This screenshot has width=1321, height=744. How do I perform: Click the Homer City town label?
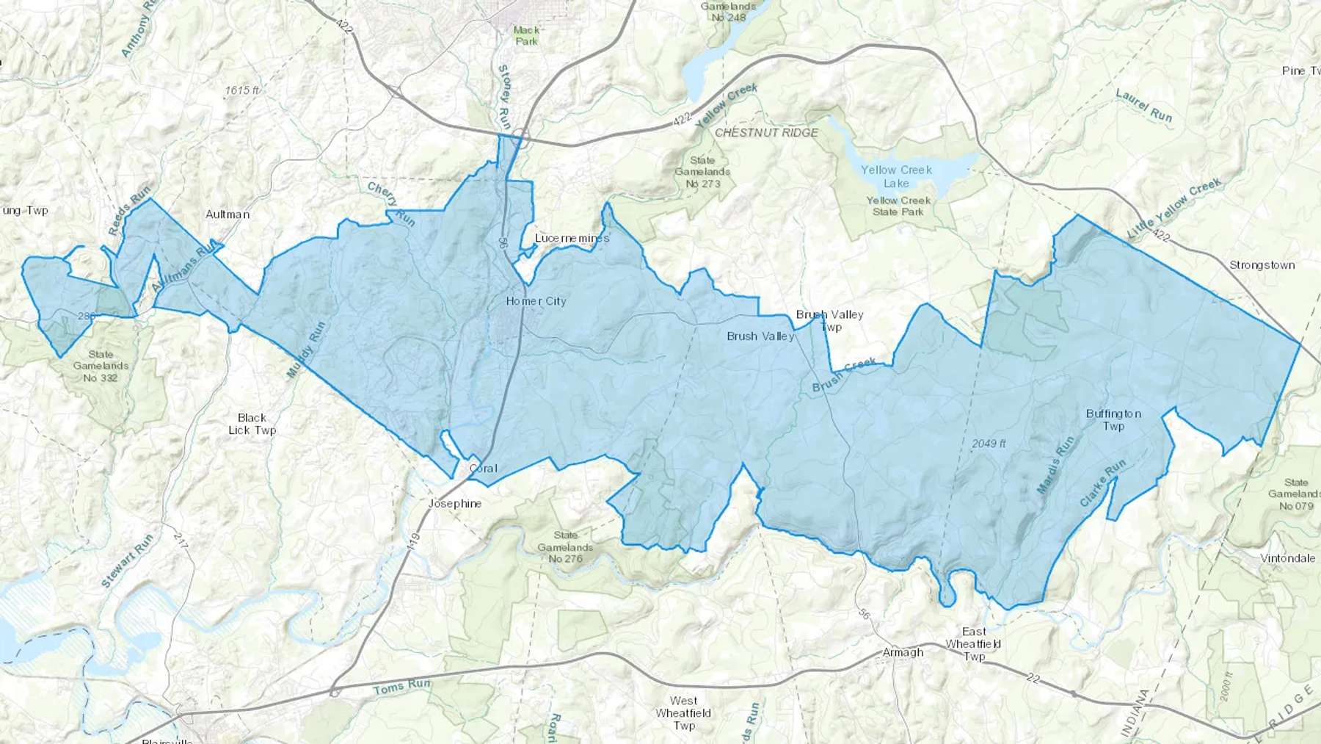[536, 301]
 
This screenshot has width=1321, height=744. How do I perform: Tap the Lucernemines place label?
[572, 239]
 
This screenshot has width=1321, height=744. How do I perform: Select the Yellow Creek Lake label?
[896, 176]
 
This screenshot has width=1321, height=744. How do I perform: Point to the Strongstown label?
[1262, 265]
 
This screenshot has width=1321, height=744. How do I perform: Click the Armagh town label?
[903, 652]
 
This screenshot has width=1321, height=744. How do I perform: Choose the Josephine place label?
[455, 504]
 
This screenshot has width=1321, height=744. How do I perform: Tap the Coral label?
[483, 469]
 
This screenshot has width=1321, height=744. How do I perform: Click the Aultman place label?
[228, 214]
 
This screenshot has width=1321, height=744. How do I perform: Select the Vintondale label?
[1287, 558]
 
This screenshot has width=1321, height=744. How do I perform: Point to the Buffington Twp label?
[1113, 420]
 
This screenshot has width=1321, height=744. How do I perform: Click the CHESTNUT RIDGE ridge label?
[766, 133]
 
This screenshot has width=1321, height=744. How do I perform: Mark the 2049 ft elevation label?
[989, 444]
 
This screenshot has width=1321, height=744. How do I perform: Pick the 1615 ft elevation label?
[242, 91]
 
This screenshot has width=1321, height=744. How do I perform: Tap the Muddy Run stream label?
[305, 350]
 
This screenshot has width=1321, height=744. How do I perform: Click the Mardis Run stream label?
[1055, 465]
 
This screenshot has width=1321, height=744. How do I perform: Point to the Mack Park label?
[526, 35]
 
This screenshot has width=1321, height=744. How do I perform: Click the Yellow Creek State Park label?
[898, 206]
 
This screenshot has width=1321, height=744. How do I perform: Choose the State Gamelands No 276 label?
[565, 547]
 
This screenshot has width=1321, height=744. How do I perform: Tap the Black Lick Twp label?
[252, 424]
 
